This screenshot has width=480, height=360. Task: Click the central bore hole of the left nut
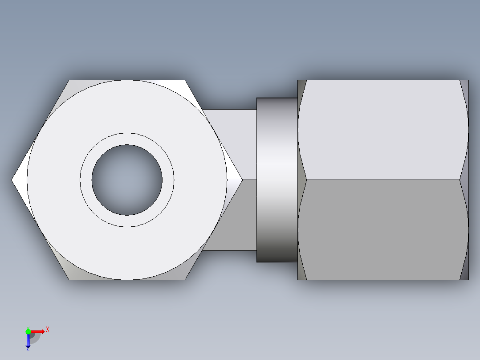pyautogui.click(x=127, y=180)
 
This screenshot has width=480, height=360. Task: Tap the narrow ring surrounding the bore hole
pyautogui.click(x=127, y=139)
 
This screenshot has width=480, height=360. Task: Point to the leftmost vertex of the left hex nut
pyautogui.click(x=12, y=180)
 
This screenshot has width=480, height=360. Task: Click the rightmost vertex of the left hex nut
pyautogui.click(x=242, y=180)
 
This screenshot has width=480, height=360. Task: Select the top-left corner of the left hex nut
pyautogui.click(x=69, y=81)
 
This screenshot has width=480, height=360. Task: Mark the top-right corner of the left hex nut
pyautogui.click(x=184, y=81)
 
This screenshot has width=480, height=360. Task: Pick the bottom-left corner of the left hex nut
pyautogui.click(x=69, y=279)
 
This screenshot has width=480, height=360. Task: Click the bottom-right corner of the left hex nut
pyautogui.click(x=184, y=279)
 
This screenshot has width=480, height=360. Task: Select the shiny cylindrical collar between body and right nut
pyautogui.click(x=277, y=180)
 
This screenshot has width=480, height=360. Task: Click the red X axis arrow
pyautogui.click(x=38, y=331)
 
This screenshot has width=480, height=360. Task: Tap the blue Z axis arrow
pyautogui.click(x=28, y=340)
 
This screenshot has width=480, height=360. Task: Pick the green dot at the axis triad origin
pyautogui.click(x=28, y=331)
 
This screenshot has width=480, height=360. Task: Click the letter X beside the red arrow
pyautogui.click(x=48, y=330)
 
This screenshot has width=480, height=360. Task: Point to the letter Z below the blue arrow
pyautogui.click(x=28, y=350)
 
